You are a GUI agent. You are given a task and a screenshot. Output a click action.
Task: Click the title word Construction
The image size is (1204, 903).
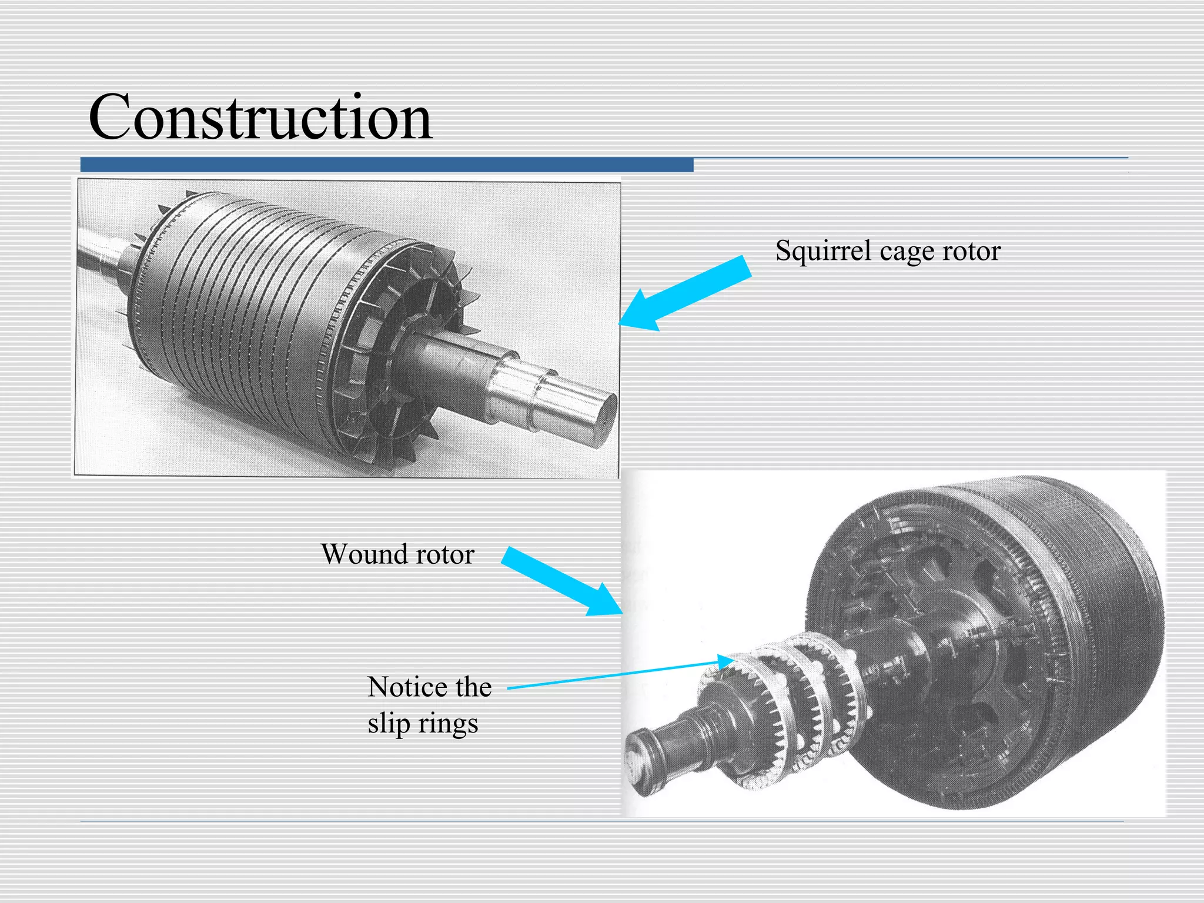(x=260, y=118)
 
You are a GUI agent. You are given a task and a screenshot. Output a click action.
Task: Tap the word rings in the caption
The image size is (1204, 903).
(x=447, y=724)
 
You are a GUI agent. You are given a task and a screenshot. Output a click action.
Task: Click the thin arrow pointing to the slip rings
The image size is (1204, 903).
(x=617, y=675)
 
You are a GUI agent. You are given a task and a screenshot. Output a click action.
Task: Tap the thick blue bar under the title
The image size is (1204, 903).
(x=387, y=165)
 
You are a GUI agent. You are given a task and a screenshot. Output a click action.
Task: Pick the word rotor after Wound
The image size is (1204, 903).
(x=444, y=554)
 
